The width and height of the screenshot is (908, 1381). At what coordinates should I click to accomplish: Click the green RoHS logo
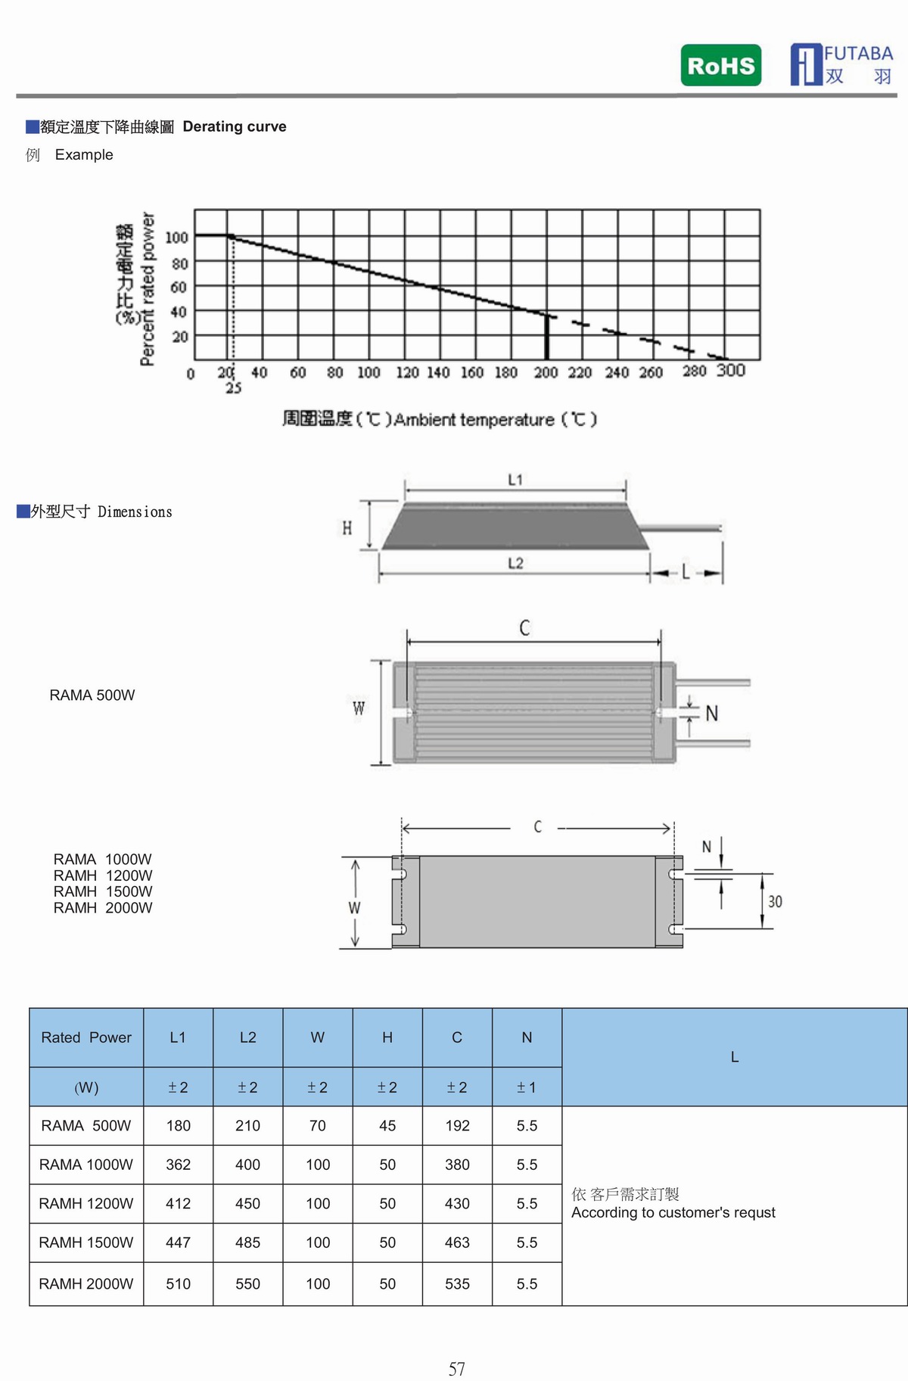pyautogui.click(x=720, y=66)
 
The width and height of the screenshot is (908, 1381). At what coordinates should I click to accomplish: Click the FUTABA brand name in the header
pyautogui.click(x=858, y=54)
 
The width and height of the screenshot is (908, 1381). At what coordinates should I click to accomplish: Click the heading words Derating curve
pyautogui.click(x=235, y=126)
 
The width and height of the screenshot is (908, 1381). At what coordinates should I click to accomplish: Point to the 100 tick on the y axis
pyautogui.click(x=176, y=238)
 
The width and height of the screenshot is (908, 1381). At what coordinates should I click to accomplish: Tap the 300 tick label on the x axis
pyautogui.click(x=730, y=370)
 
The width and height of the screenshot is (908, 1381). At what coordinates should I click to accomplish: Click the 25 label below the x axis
pyautogui.click(x=233, y=388)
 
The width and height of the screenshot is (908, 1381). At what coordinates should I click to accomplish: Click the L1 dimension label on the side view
pyautogui.click(x=515, y=480)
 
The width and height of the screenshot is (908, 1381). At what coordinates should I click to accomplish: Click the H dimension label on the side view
pyautogui.click(x=347, y=528)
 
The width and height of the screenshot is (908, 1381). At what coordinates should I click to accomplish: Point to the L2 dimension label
pyautogui.click(x=515, y=564)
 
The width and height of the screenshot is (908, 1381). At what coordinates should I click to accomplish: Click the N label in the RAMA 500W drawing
pyautogui.click(x=711, y=714)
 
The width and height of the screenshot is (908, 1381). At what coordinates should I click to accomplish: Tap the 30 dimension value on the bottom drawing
pyautogui.click(x=775, y=902)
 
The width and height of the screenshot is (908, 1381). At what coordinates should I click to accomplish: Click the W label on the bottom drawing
pyautogui.click(x=354, y=908)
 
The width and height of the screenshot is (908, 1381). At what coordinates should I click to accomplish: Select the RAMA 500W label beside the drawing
pyautogui.click(x=92, y=695)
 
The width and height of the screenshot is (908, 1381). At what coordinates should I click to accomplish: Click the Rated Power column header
pyautogui.click(x=86, y=1037)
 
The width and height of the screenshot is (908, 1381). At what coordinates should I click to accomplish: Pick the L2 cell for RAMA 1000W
pyautogui.click(x=247, y=1165)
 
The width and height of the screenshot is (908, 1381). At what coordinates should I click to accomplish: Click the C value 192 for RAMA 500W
pyautogui.click(x=457, y=1126)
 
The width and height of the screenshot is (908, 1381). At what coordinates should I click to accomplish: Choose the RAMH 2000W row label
pyautogui.click(x=86, y=1284)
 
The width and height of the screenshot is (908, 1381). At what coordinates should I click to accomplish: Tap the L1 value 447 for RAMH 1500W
pyautogui.click(x=178, y=1243)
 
